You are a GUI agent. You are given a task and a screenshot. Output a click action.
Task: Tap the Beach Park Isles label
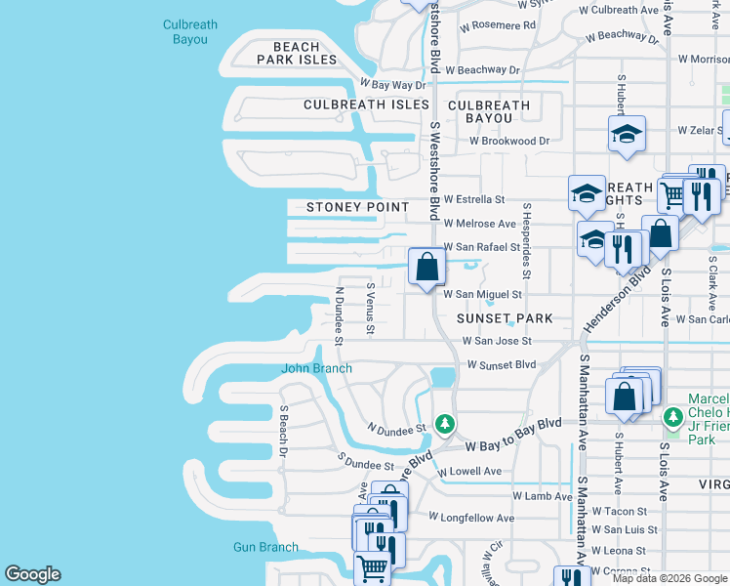click(297, 53)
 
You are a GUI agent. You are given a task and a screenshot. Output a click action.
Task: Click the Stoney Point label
click(357, 207)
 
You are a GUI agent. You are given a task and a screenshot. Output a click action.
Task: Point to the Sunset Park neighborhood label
click(505, 318)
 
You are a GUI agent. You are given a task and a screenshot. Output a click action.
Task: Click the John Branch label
click(316, 368)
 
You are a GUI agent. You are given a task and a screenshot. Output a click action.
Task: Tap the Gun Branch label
click(265, 547)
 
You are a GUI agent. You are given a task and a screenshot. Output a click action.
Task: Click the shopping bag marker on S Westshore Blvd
click(426, 266)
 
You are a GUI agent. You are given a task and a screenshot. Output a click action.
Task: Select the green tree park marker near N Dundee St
click(445, 424)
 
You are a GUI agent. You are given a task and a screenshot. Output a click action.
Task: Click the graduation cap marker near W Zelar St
click(626, 134)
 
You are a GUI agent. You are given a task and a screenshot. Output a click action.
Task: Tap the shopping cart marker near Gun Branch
click(371, 566)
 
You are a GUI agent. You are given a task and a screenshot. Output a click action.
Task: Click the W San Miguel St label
click(483, 294)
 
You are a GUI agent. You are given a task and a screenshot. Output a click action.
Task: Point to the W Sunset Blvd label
click(502, 364)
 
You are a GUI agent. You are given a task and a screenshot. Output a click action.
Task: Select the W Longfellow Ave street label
click(470, 518)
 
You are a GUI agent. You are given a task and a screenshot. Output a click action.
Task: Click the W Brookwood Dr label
click(509, 141)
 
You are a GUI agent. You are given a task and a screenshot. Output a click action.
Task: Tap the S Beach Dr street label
click(284, 432)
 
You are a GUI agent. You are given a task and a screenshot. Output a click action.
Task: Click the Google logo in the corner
click(32, 574)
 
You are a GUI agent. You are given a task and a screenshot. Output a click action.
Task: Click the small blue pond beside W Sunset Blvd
click(442, 377)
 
